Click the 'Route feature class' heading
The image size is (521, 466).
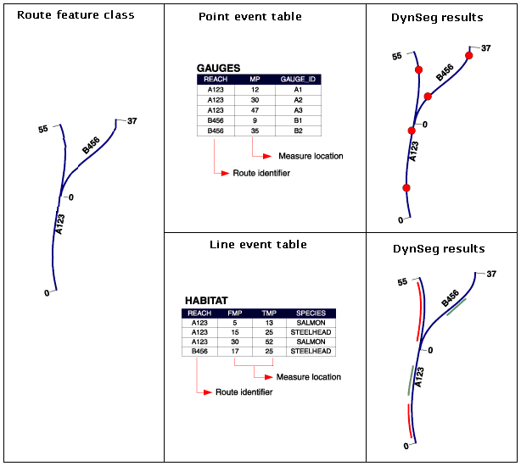(76, 15)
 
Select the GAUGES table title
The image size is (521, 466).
(218, 68)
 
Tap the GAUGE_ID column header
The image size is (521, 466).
(297, 79)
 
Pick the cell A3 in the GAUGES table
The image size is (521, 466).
(297, 109)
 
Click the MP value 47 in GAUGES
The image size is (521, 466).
(254, 109)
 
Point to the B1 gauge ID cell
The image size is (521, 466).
(297, 120)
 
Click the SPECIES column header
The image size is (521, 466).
(311, 313)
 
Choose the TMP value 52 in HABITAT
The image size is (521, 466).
(268, 341)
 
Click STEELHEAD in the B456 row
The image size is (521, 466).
(311, 351)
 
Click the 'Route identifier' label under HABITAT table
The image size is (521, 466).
(244, 392)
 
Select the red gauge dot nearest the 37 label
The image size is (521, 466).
(468, 56)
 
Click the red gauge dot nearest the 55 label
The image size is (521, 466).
(417, 69)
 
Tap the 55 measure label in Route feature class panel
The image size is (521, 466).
(43, 129)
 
